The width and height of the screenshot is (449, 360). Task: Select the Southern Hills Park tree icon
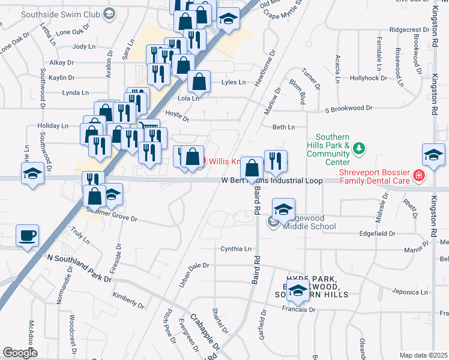[358, 148]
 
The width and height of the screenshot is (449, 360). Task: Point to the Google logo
[20, 353]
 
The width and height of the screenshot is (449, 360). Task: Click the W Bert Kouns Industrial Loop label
[272, 180]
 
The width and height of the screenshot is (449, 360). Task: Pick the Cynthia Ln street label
[236, 248]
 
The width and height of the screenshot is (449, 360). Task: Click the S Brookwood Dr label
[348, 109]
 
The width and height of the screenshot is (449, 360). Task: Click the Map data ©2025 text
[423, 355]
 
